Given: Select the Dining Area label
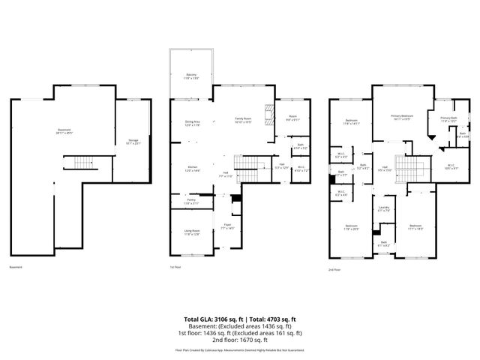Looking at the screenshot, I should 192,123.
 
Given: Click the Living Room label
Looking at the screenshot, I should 192,232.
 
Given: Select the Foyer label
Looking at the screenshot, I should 226,225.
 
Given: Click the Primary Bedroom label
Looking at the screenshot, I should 402,117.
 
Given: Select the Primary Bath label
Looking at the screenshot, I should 448,118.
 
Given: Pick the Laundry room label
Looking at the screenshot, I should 384,209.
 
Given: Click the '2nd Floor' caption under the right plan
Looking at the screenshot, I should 334,268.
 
